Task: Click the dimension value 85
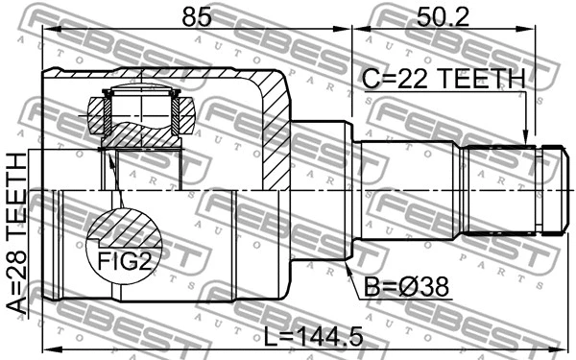(197, 17)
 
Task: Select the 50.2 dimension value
(443, 17)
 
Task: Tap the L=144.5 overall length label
(314, 337)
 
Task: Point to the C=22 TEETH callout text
(444, 79)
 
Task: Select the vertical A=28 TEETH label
(17, 234)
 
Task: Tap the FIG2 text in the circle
(124, 261)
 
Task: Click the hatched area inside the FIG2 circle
(125, 228)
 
